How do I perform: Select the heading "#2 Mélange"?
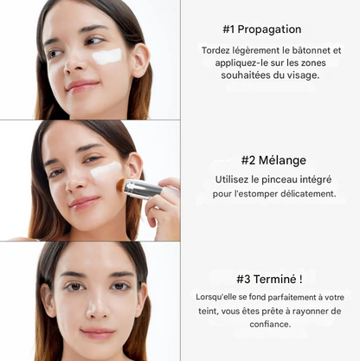coord(273,160)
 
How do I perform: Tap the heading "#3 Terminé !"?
coord(269,279)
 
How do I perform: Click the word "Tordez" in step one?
coord(218,50)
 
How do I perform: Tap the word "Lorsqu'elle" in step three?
coord(219,297)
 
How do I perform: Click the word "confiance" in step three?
coord(270,325)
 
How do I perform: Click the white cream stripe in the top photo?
coord(107,56)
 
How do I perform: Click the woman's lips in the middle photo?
coord(85,203)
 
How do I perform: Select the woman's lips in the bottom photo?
coord(97,332)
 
